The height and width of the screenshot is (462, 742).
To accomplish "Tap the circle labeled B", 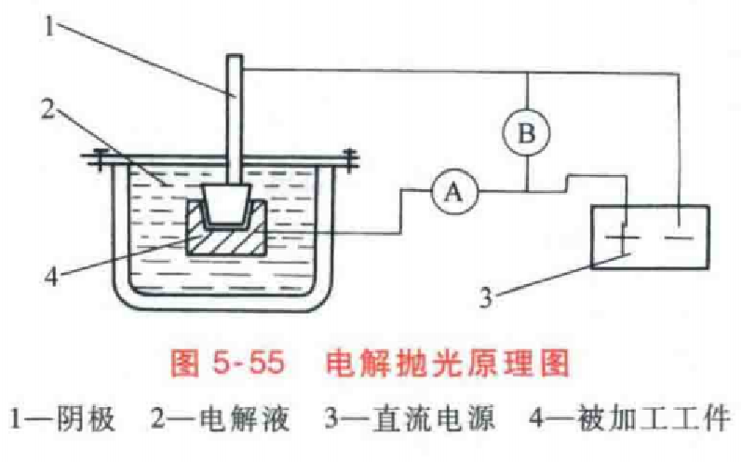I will tap(527, 134).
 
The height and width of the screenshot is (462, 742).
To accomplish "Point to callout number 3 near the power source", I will tap(486, 297).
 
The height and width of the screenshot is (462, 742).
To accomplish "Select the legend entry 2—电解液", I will tap(220, 419).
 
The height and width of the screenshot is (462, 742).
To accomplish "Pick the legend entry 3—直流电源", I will tap(400, 419).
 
